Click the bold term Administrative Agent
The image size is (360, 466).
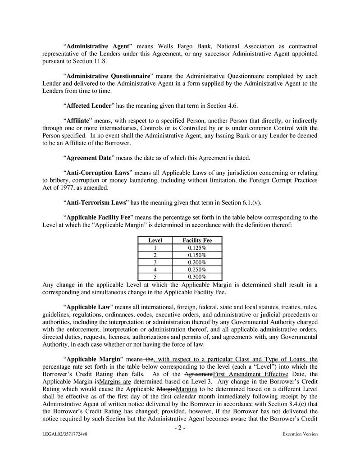(x=99, y=46)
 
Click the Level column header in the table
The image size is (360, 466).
(x=155, y=241)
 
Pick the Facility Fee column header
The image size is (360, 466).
(x=197, y=241)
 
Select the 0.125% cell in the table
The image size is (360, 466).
(x=197, y=248)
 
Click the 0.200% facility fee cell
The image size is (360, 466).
(x=197, y=262)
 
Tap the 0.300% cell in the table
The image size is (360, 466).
(x=197, y=277)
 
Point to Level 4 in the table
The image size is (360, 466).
(x=155, y=270)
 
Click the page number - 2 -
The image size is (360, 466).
(x=180, y=428)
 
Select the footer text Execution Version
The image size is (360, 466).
(x=300, y=434)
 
